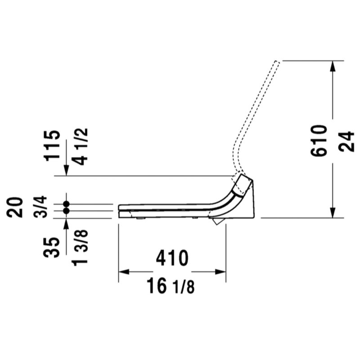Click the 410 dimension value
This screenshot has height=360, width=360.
[172, 258]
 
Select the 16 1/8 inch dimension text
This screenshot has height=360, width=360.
[171, 286]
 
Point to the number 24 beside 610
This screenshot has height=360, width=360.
[347, 141]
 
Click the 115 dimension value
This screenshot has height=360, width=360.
[52, 145]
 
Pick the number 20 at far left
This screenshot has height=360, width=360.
[15, 207]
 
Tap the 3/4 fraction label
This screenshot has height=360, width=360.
[40, 207]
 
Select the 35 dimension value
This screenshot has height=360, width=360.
[52, 247]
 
